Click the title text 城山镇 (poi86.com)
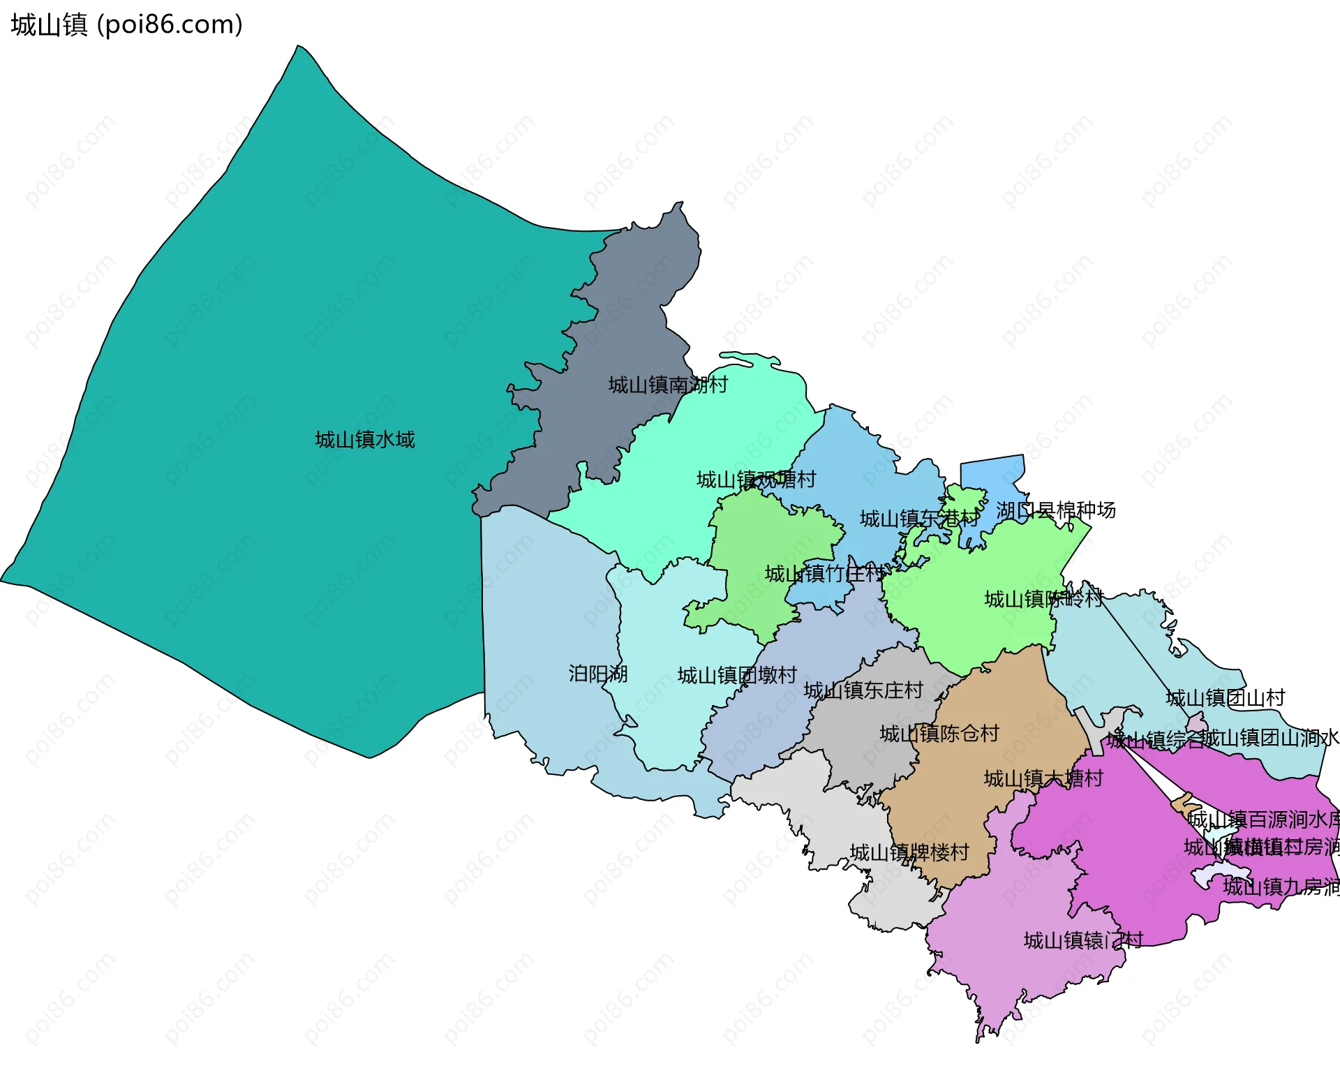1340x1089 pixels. click(x=127, y=24)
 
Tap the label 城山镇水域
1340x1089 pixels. click(x=364, y=440)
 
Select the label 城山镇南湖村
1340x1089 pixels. click(x=667, y=385)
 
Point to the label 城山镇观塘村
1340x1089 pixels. click(x=756, y=480)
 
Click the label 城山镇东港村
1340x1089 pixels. click(x=919, y=519)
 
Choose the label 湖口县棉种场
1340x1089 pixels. click(x=1055, y=510)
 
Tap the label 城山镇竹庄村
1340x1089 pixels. click(x=824, y=574)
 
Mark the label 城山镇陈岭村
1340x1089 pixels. click(x=1043, y=599)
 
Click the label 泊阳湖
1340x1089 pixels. click(x=597, y=674)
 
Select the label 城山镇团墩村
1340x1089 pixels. click(x=736, y=675)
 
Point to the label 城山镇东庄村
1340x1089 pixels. click(x=863, y=690)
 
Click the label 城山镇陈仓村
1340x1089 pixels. click(x=939, y=734)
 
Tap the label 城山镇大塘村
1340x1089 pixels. click(x=1043, y=778)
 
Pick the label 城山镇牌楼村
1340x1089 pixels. click(x=909, y=852)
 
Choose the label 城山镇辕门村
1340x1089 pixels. click(x=1082, y=940)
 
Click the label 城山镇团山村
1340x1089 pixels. click(x=1225, y=698)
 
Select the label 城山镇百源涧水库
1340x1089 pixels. click(x=1263, y=819)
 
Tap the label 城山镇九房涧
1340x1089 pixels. click(x=1281, y=887)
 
